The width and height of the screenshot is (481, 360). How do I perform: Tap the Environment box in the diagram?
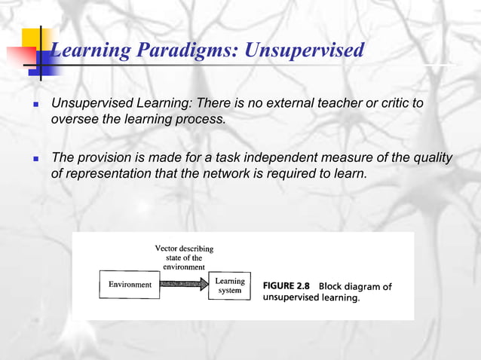130,285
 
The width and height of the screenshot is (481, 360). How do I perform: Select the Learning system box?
229,285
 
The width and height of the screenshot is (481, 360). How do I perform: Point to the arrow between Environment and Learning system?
184,285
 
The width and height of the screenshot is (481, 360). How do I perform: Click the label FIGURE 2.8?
286,286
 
